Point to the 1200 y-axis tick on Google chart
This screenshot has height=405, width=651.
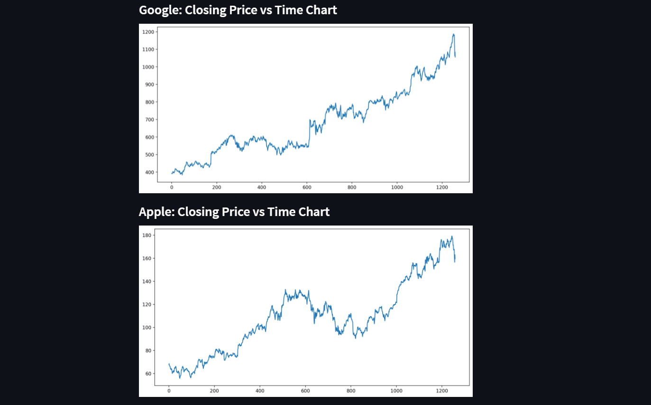point(148,32)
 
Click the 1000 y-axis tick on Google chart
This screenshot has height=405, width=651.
point(148,67)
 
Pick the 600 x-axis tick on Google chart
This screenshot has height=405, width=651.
point(307,188)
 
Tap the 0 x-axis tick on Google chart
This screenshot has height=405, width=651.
point(172,188)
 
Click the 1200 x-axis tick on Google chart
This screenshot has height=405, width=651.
point(442,188)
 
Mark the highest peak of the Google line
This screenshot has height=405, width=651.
point(453,34)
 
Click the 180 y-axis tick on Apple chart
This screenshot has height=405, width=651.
point(147,235)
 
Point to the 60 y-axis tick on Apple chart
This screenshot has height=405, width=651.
point(148,374)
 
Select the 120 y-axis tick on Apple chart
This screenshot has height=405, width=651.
point(147,304)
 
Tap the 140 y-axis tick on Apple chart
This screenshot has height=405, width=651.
point(147,282)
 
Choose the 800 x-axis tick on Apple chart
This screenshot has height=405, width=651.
point(350,391)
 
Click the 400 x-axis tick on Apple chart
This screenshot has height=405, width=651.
point(260,391)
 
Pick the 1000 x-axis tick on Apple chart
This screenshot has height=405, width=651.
point(396,391)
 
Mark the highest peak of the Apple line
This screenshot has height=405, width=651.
point(452,236)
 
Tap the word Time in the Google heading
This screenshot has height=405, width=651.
point(287,10)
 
